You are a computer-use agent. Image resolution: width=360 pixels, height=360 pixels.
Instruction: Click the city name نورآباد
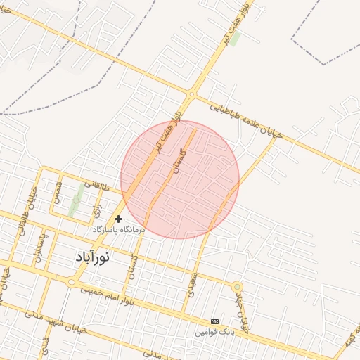tap(92, 257)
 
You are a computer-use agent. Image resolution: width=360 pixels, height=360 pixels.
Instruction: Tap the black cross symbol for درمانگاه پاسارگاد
tap(118, 219)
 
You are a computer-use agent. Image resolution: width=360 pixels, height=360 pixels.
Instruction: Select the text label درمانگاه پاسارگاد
tap(118, 230)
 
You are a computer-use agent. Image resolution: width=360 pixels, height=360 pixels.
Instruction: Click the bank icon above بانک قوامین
tap(214, 321)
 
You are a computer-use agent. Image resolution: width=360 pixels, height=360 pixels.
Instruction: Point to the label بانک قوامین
tap(214, 330)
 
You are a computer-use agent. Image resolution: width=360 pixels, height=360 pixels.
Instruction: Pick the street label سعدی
tap(193, 283)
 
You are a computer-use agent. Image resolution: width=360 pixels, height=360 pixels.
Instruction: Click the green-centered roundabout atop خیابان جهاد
tap(237, 287)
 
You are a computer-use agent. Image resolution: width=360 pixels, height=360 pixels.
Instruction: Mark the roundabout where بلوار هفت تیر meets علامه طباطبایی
tap(191, 94)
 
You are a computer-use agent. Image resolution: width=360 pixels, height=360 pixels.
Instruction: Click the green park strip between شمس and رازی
tap(73, 206)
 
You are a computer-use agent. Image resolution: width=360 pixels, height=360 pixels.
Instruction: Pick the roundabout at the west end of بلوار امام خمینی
tap(71, 281)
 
